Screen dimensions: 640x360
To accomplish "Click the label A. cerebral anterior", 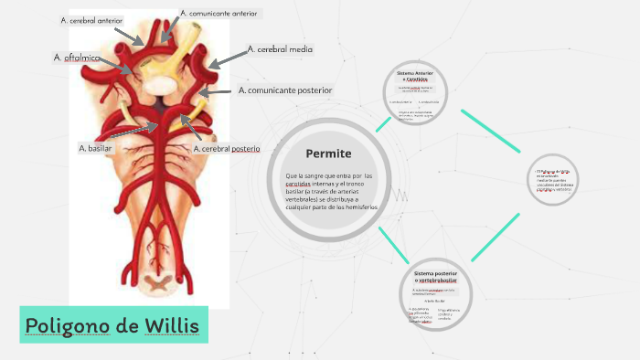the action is [92, 20].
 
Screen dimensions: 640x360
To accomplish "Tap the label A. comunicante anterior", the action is [219, 14].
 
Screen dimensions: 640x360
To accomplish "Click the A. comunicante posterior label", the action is [284, 90].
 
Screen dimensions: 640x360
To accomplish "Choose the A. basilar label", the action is [94, 148].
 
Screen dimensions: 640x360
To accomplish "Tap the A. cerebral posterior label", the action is [227, 148].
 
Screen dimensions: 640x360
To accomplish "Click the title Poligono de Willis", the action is [113, 326].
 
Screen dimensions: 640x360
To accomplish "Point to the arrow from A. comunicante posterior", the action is [217, 93].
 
